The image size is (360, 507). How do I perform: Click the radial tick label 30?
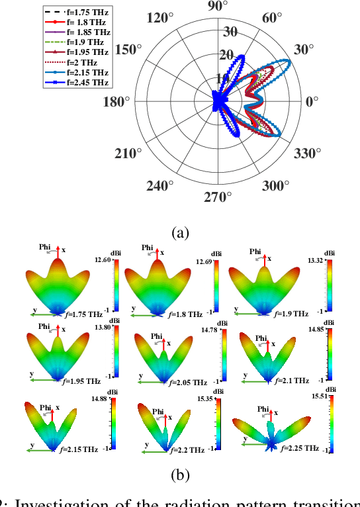(x=230, y=30)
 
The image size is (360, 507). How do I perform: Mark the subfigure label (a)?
(x=180, y=232)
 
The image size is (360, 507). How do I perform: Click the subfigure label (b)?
(x=180, y=475)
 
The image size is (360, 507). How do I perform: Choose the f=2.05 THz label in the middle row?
(x=186, y=382)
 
